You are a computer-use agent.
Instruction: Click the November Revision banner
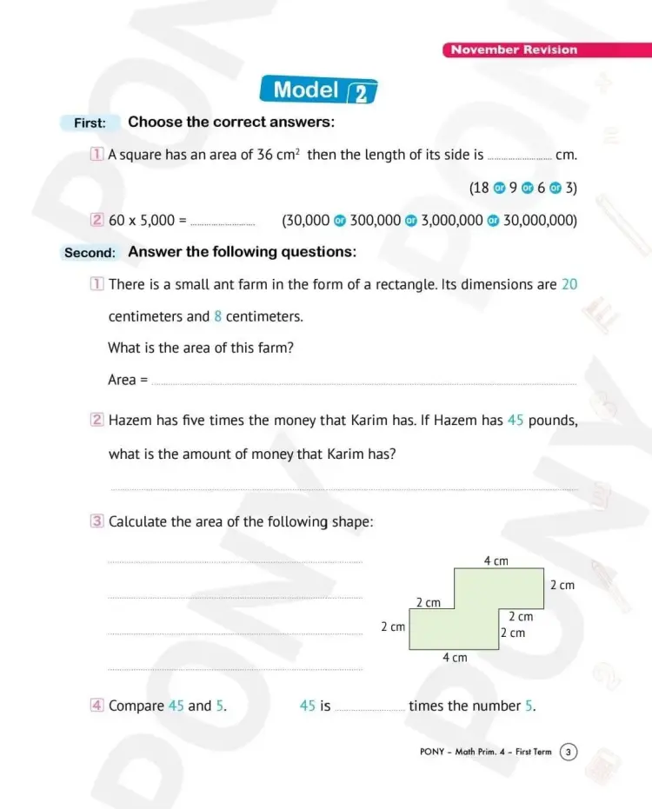point(514,50)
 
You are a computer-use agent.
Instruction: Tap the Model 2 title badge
point(318,90)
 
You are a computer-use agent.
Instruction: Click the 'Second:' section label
point(90,253)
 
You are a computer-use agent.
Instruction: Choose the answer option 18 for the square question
point(480,188)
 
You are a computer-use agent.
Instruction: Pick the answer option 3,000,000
point(451,221)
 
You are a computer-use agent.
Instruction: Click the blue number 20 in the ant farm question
point(569,284)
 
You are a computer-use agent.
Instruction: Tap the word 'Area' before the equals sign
point(122,380)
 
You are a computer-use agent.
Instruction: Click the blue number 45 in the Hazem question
point(515,421)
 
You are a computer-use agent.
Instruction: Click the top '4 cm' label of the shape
point(496,561)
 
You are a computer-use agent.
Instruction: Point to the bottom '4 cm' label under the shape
point(455,658)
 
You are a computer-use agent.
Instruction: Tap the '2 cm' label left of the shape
point(393,627)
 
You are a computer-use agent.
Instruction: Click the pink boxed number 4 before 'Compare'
point(96,706)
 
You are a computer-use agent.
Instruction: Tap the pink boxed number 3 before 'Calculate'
point(96,521)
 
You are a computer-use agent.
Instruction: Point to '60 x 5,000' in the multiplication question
point(142,221)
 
